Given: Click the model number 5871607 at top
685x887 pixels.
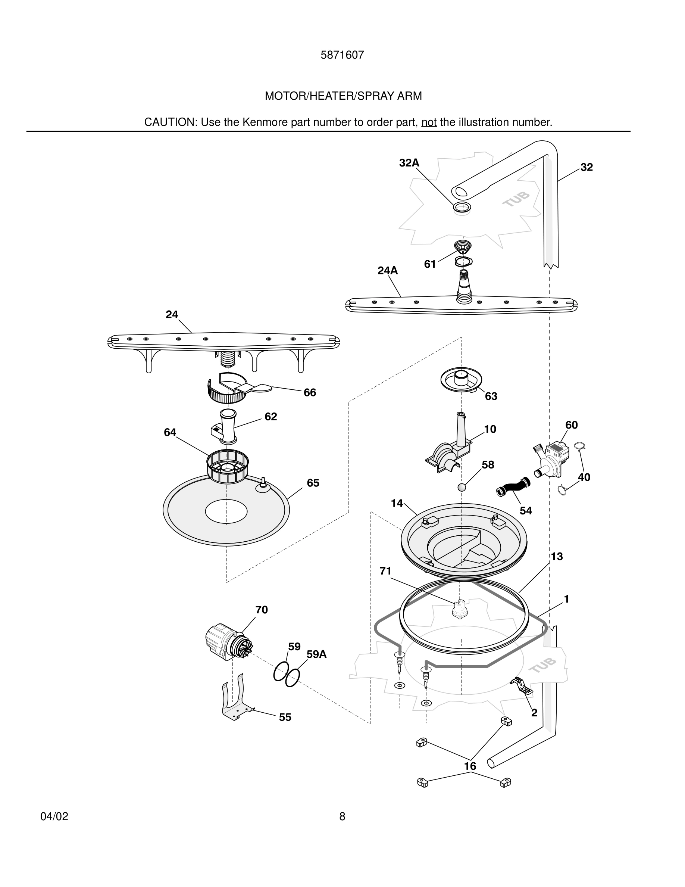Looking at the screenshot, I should (x=342, y=55).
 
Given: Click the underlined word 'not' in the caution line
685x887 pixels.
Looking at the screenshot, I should (x=429, y=122).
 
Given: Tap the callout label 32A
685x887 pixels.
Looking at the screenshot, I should (x=409, y=163).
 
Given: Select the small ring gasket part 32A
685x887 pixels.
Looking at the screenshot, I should (x=462, y=207).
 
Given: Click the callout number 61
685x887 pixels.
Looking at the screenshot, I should (x=430, y=264).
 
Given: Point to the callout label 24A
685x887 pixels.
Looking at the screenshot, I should (x=388, y=271).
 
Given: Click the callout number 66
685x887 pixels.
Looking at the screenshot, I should (x=310, y=392).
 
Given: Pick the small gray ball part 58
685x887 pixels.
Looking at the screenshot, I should (x=462, y=487).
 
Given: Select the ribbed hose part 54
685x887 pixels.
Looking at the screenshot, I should (x=513, y=486).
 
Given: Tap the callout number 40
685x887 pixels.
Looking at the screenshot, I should (x=584, y=477).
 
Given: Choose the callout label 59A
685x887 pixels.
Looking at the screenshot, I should (x=316, y=654).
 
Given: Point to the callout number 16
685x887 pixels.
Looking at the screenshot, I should (x=470, y=766).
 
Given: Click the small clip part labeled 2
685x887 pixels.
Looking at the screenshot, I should (x=523, y=685).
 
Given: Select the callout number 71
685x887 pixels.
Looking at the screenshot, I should (x=385, y=571).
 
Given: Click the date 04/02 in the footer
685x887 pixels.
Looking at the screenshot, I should (x=54, y=817).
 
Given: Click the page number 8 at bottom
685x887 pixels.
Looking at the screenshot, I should (x=342, y=817).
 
